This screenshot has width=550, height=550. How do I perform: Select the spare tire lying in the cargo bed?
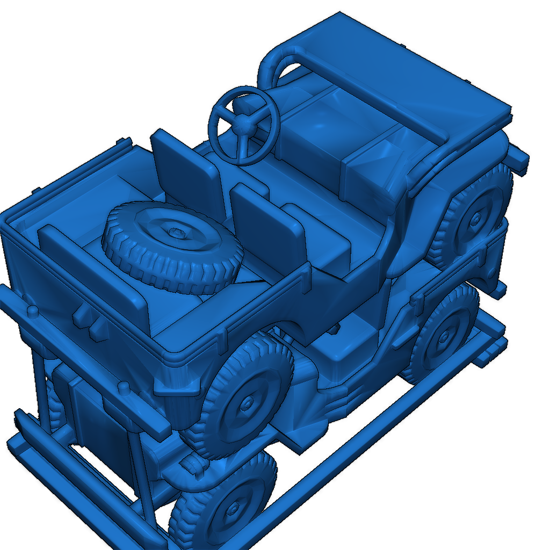pos(172,247)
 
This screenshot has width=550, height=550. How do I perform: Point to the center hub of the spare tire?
pos(177,233)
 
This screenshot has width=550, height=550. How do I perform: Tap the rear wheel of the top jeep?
pos(247,397)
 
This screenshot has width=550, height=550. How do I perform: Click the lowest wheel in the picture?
pos(226,505)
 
